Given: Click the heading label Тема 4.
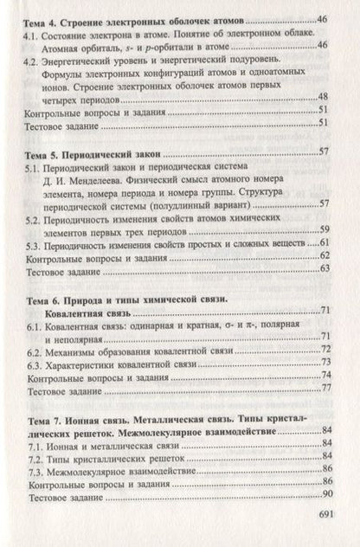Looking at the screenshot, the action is (x=41, y=18).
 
